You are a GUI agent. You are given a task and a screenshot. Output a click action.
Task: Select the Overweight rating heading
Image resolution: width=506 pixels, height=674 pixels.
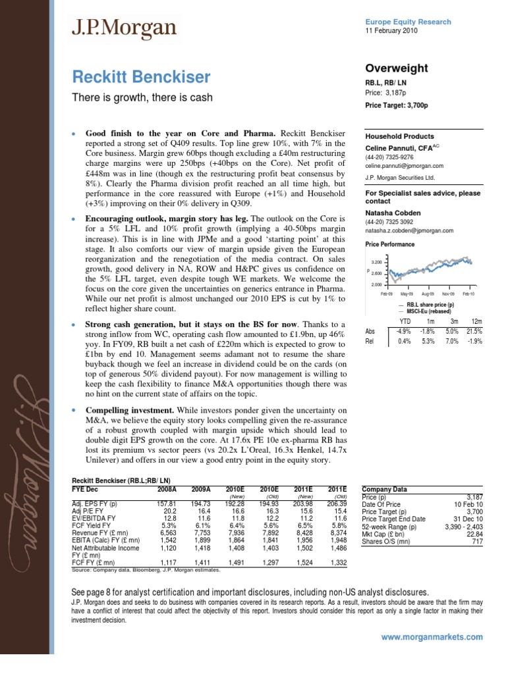pyautogui.click(x=396, y=68)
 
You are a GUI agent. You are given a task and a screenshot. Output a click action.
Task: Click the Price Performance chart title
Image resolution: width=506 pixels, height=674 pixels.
pyautogui.click(x=389, y=244)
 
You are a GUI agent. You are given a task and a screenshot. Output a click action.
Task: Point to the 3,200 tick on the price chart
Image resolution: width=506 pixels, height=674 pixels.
pyautogui.click(x=377, y=261)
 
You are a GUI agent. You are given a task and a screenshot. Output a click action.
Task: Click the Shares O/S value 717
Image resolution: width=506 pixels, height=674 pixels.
pyautogui.click(x=477, y=542)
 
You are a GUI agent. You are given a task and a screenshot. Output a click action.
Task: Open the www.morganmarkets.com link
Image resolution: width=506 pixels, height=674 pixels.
pyautogui.click(x=432, y=637)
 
